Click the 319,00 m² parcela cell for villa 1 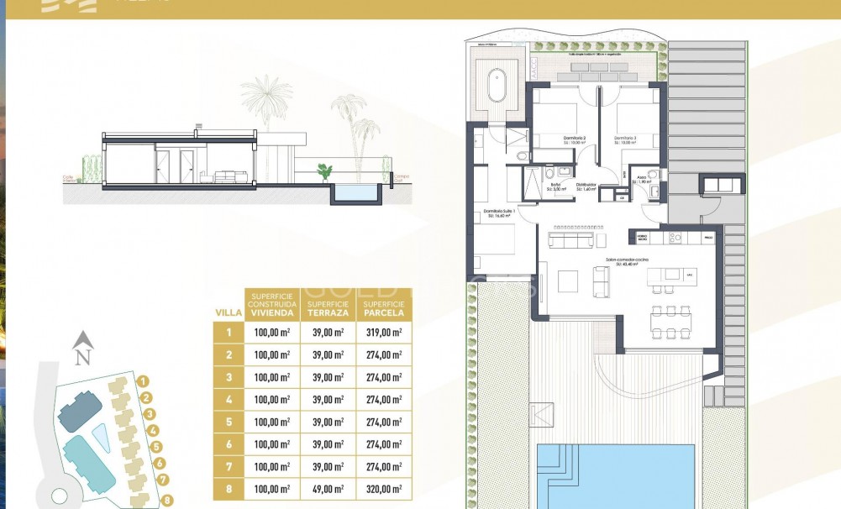click(383, 333)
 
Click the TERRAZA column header click(327, 307)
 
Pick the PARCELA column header click(383, 307)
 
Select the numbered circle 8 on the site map click(168, 501)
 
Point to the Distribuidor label click(586, 185)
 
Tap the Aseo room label click(641, 178)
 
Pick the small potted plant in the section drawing click(324, 172)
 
